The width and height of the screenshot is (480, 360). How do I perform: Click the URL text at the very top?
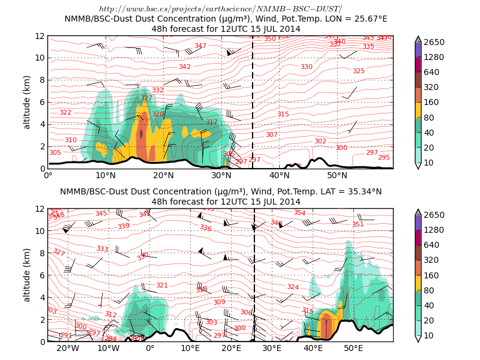pos(220,8)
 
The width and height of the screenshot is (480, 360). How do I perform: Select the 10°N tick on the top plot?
pos(106,175)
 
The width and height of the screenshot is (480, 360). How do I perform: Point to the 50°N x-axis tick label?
pos(337,175)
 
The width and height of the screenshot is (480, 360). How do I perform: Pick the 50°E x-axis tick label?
pos(353,348)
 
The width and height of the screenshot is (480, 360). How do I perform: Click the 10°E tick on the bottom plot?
pos(190,348)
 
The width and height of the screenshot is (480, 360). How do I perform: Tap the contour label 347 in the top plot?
pos(200,46)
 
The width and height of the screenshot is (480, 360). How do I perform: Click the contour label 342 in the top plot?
pos(185,67)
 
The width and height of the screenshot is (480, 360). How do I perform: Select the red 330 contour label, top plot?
pos(307,67)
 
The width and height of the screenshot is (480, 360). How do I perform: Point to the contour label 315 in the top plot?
pos(283,115)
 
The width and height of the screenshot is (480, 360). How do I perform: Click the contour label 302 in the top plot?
pos(320,142)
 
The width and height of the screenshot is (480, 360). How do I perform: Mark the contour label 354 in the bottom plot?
pos(299,213)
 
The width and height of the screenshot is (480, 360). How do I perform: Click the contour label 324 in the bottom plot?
pos(293,287)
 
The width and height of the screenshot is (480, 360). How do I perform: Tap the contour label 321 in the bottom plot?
pos(162,286)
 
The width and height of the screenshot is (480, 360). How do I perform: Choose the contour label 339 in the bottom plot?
pos(124,226)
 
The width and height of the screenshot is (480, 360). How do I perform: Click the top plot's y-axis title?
pos(27,102)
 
